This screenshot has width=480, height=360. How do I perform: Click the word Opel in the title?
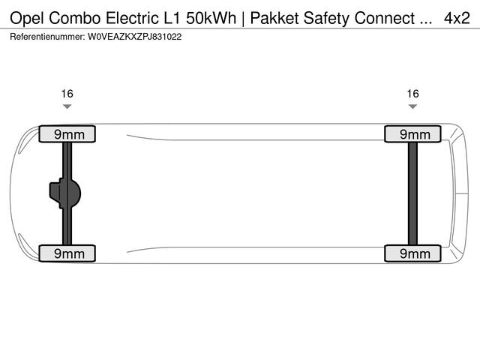[x=28, y=18]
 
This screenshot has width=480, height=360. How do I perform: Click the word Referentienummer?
[x=46, y=36]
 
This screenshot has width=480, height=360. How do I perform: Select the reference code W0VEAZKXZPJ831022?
[x=134, y=36]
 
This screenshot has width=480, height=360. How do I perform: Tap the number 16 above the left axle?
[x=67, y=94]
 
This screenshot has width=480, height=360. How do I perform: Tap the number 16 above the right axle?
[x=412, y=94]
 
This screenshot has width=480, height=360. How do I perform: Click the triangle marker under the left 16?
[x=67, y=106]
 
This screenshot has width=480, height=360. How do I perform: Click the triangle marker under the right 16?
[x=412, y=106]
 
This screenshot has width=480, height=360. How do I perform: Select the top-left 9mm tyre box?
[x=67, y=134]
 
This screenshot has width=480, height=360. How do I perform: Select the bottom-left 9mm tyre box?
[x=67, y=253]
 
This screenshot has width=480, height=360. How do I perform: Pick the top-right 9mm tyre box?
[x=412, y=134]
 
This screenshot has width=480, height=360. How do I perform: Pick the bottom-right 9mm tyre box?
[x=412, y=253]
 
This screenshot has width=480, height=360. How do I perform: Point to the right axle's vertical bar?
[x=412, y=193]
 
